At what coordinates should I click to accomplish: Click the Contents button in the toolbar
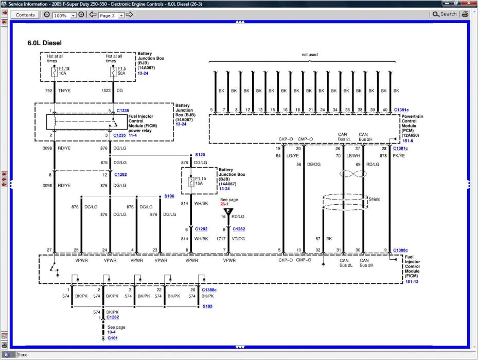[x=25, y=15]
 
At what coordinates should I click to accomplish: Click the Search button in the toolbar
[x=445, y=14]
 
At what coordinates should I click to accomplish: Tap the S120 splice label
[x=200, y=154]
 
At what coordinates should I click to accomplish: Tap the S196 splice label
[x=169, y=196]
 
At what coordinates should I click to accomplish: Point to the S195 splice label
[x=207, y=307]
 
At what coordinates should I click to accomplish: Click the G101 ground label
[x=112, y=338]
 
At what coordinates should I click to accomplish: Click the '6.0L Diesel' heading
[x=44, y=43]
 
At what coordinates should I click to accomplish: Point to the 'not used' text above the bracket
[x=310, y=55]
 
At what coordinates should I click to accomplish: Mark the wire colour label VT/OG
[x=239, y=239]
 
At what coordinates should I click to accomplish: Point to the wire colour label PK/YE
[x=399, y=155]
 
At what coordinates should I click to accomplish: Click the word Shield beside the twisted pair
[x=375, y=199]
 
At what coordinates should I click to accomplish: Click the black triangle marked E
[x=228, y=211]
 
